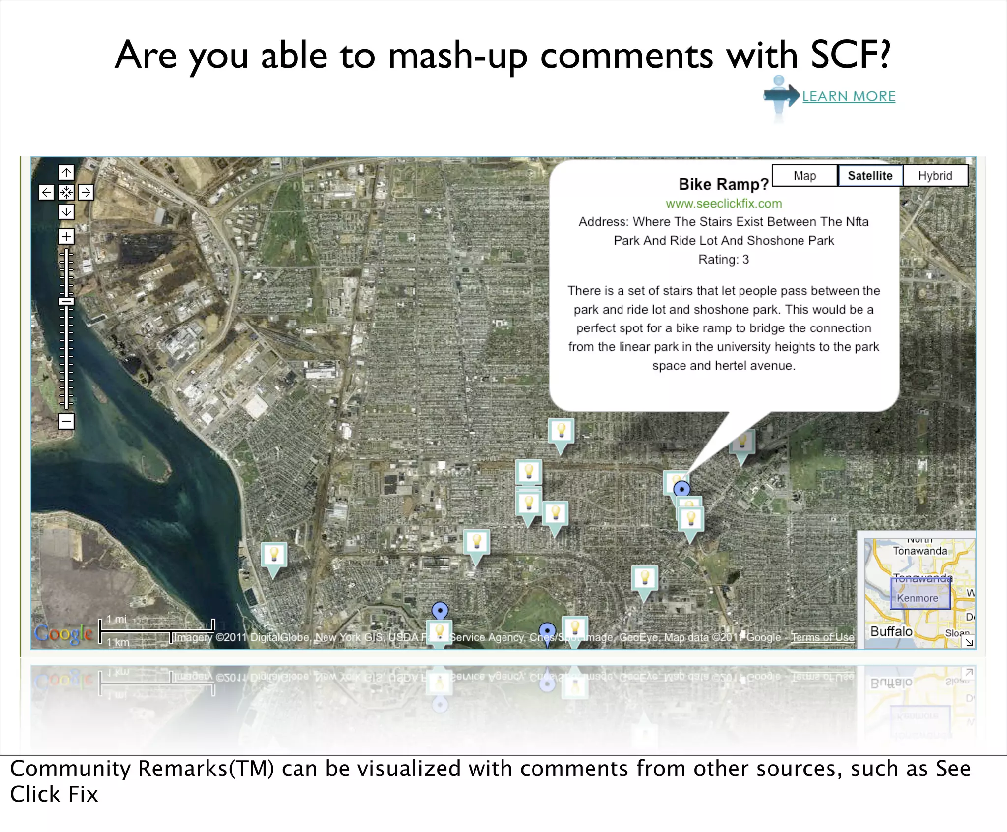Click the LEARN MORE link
pos(849,96)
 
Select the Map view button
pos(804,176)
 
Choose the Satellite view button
pos(870,176)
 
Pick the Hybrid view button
pos(935,176)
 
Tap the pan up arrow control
pos(66,173)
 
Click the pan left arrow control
pos(46,192)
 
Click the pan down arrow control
pos(66,212)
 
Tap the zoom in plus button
pos(66,237)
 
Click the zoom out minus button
pos(66,421)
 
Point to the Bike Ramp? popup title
pos(723,184)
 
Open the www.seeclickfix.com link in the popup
pos(723,203)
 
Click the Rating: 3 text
pos(723,259)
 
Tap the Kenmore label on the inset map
pos(918,598)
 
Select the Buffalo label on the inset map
pos(891,632)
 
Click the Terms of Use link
pos(822,637)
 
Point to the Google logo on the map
pos(63,633)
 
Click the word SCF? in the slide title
pos(850,54)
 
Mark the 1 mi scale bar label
pos(117,619)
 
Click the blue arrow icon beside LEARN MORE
pos(781,95)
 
